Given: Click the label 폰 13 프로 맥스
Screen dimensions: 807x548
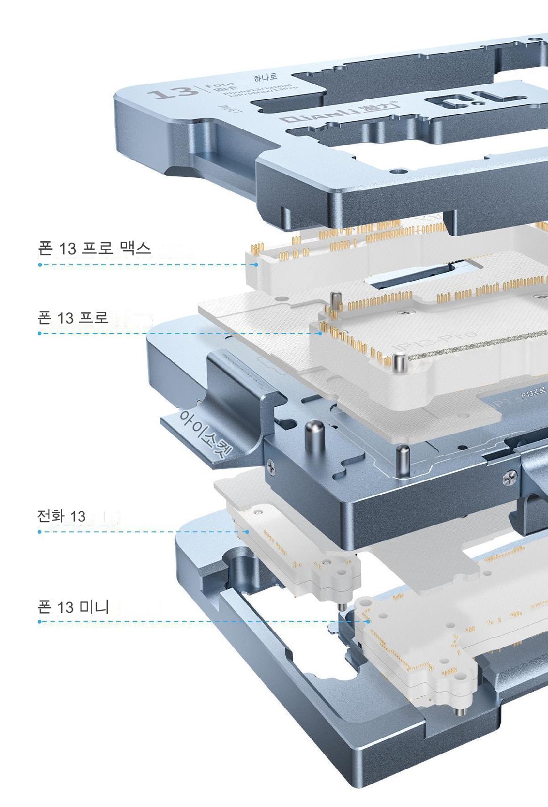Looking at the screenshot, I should click(x=94, y=248).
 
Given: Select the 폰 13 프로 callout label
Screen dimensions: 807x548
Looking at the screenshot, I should click(x=73, y=317).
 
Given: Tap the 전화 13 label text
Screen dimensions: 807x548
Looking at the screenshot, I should click(x=61, y=516).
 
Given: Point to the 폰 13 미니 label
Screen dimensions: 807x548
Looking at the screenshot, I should click(x=73, y=607).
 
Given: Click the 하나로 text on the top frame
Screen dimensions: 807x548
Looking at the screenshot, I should click(x=266, y=77).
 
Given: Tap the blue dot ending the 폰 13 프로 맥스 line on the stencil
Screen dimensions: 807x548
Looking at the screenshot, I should click(x=256, y=265).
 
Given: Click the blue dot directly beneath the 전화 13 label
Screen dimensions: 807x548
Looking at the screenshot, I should click(x=40, y=532).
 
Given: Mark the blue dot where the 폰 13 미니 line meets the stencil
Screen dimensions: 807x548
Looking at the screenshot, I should click(x=368, y=621).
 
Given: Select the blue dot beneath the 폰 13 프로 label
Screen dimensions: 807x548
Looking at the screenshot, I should click(x=40, y=333).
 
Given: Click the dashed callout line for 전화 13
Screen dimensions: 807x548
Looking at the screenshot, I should click(x=141, y=532).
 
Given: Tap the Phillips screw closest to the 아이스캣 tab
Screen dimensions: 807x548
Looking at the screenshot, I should click(x=271, y=465).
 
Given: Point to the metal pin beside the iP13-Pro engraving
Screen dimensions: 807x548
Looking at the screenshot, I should click(x=399, y=364).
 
